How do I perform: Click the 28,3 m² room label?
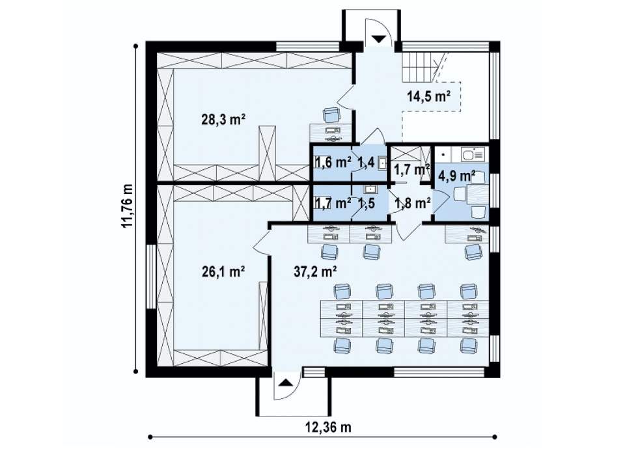223,120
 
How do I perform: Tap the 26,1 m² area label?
223,272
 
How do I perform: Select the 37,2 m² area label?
316,272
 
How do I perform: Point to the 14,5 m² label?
429,96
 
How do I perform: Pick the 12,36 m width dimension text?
328,427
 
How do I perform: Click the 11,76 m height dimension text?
128,206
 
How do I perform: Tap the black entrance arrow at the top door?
379,38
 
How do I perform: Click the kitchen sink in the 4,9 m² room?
472,154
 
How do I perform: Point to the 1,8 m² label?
413,204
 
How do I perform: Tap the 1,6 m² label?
333,163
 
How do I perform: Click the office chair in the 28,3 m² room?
331,116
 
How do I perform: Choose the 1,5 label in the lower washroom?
367,204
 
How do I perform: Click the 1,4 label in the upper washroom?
367,163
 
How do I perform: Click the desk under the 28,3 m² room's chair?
331,133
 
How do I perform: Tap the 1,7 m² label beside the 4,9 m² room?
411,169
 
